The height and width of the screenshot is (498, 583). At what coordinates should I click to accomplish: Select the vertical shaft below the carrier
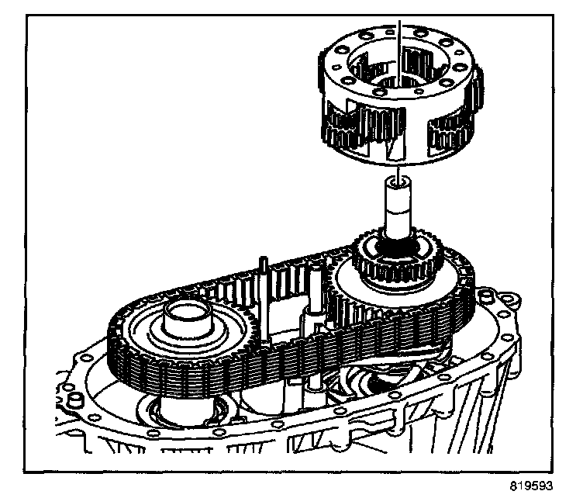(x=398, y=209)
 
